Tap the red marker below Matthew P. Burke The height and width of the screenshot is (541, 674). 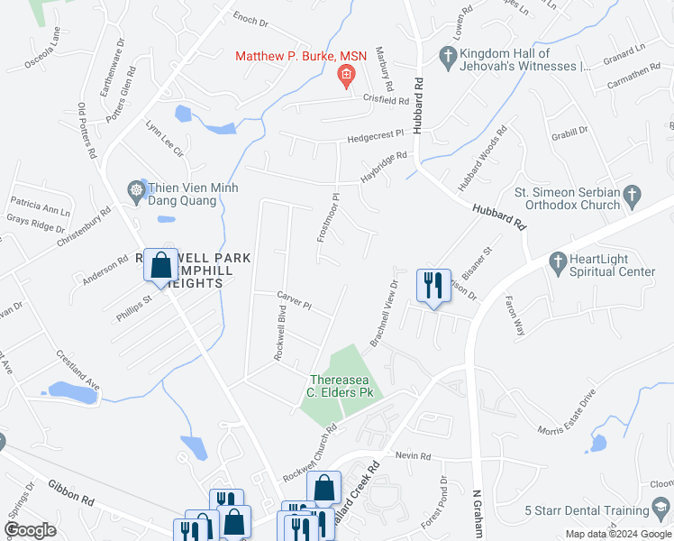click(345, 78)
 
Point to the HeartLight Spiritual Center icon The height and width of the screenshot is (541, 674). click(556, 262)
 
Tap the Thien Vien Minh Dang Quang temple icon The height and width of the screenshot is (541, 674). click(136, 189)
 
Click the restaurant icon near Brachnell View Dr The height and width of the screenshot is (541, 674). click(433, 286)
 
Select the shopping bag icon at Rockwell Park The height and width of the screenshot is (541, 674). click(161, 266)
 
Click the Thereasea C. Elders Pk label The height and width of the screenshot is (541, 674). click(347, 385)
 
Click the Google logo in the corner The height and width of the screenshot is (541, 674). click(31, 530)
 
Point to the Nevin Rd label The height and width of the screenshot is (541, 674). click(413, 457)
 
